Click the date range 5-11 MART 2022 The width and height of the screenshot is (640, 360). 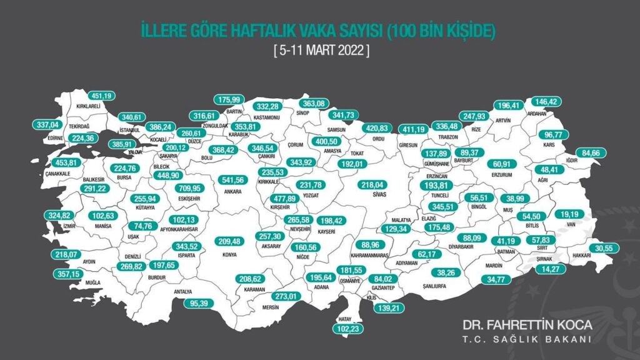[x=321, y=52]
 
